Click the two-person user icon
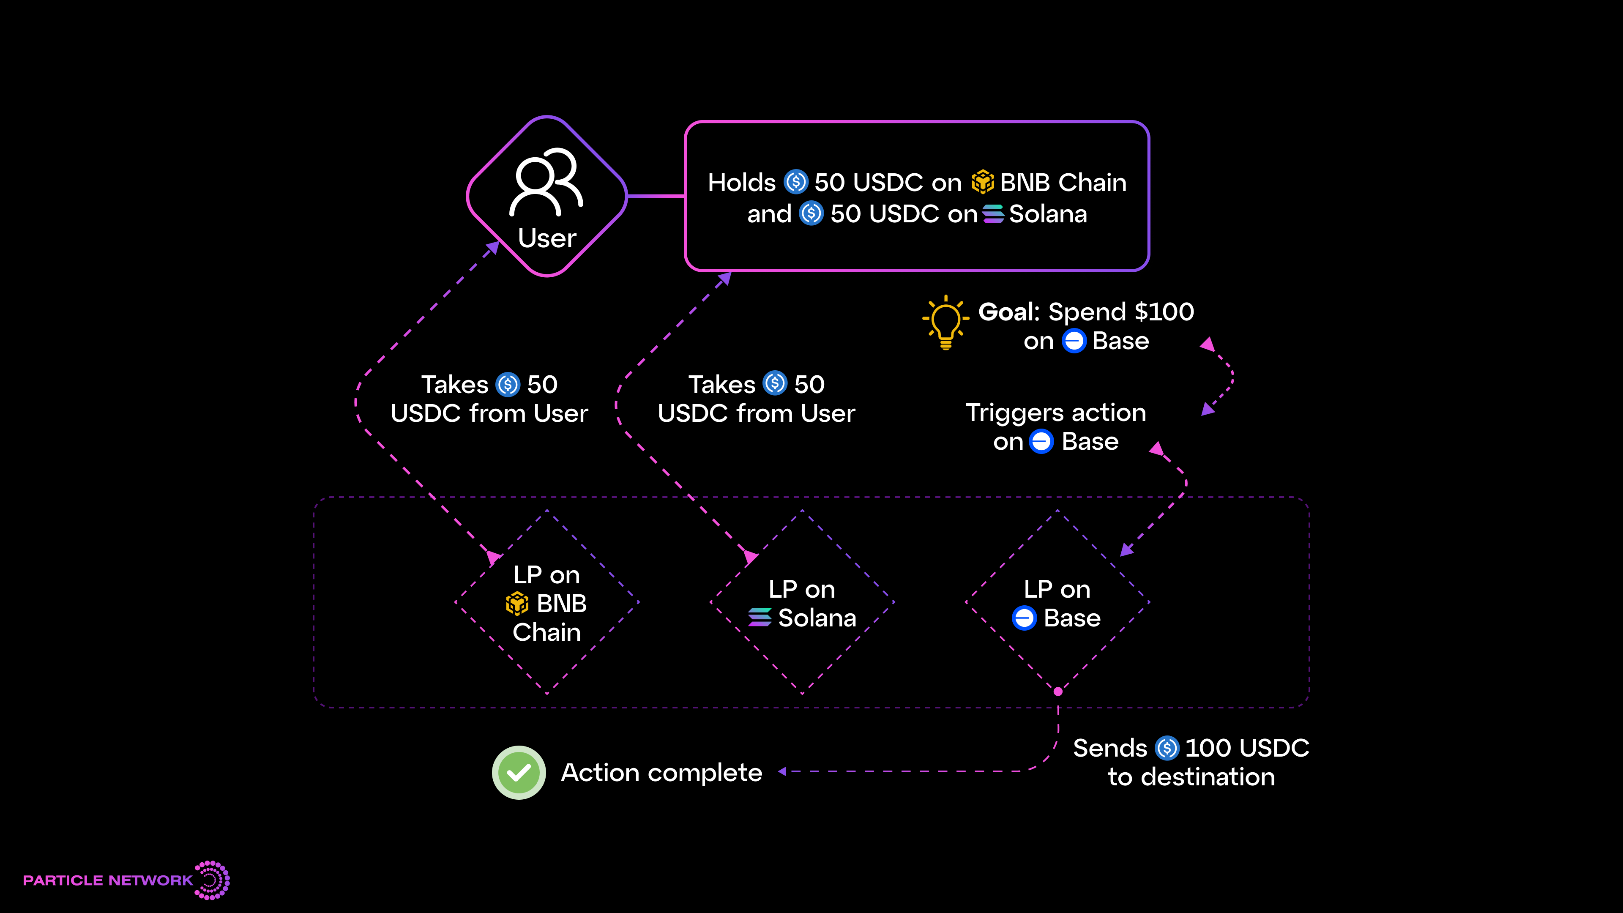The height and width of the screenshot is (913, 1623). point(546,182)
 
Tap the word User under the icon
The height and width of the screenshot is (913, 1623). point(547,238)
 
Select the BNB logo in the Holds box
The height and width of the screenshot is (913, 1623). point(982,182)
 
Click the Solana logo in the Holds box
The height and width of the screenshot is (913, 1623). point(993,214)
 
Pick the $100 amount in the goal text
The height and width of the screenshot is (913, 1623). point(1164,312)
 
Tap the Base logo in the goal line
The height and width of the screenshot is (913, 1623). point(1074,341)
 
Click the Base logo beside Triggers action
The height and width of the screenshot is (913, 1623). point(1041,442)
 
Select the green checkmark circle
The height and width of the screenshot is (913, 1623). point(519,773)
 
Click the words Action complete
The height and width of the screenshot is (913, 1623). point(661,773)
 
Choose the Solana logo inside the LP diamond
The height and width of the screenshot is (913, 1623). point(760,618)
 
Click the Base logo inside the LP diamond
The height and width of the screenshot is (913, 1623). point(1024,618)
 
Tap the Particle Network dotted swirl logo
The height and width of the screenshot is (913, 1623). point(212,880)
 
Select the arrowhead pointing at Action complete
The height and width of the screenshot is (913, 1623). point(782,771)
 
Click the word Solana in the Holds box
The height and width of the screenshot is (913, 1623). point(1048,214)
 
